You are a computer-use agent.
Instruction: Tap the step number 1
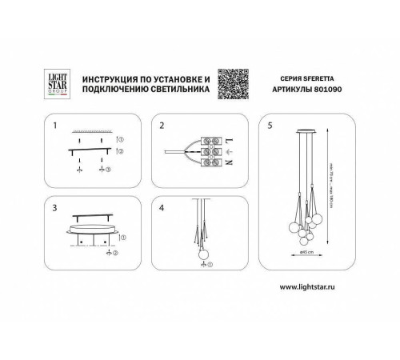coord(55,126)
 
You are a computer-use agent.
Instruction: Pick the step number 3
coord(55,206)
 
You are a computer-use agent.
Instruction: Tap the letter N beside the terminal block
coord(230,163)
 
